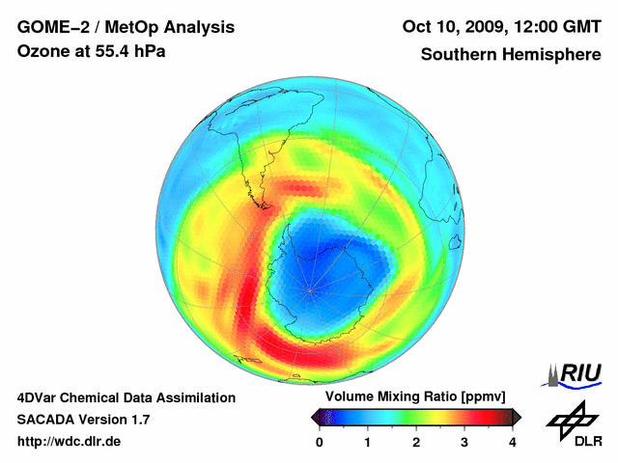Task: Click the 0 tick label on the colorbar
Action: click(x=320, y=442)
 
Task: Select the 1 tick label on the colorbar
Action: click(x=368, y=442)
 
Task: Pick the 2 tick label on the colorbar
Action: click(x=416, y=442)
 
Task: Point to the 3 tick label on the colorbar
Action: click(x=464, y=442)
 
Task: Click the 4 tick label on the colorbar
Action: click(x=512, y=442)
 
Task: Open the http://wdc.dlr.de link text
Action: click(x=70, y=442)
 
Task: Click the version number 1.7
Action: click(x=138, y=420)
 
